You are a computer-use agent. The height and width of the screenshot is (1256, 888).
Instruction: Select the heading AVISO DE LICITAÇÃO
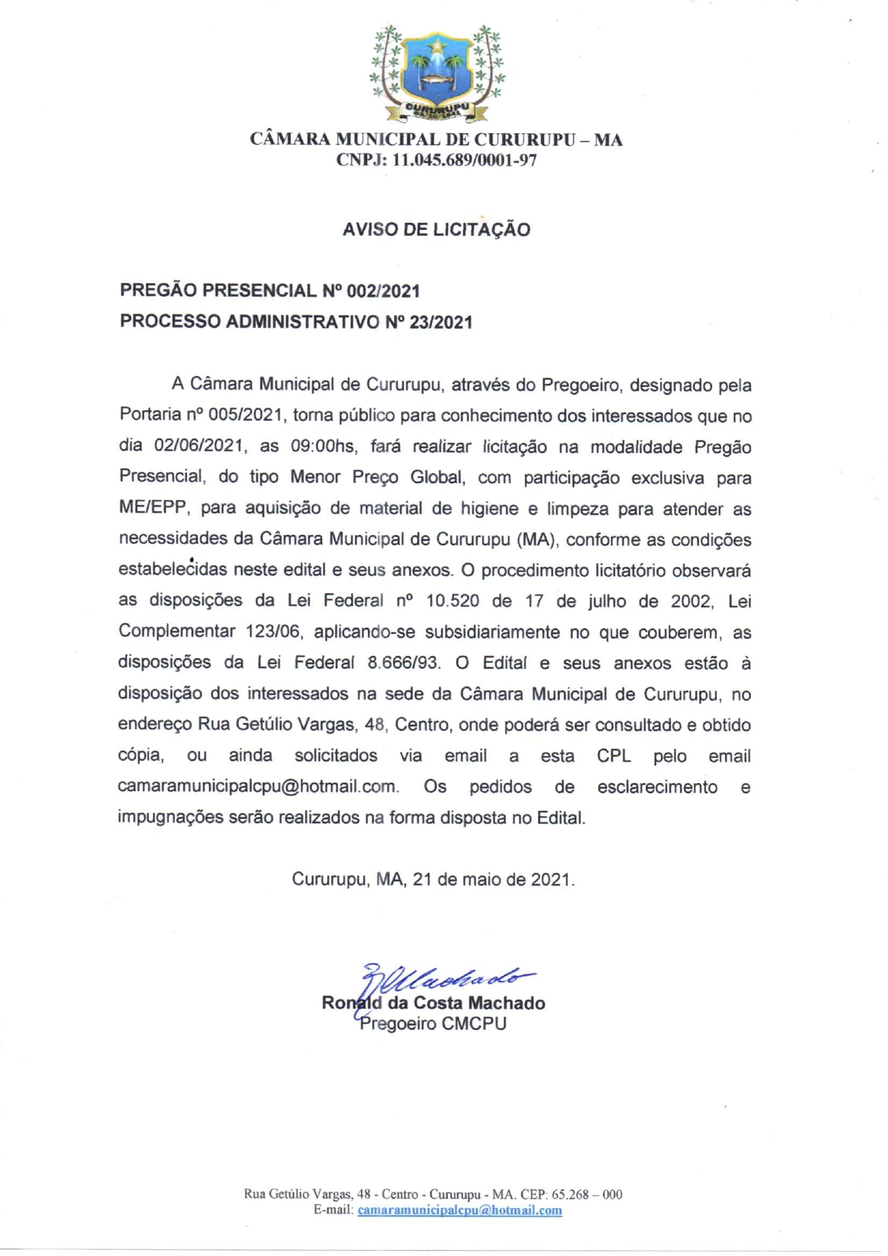(436, 230)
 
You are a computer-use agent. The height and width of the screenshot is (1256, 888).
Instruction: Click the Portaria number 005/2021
(244, 416)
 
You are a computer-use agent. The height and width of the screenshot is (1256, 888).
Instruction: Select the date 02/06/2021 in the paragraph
(199, 447)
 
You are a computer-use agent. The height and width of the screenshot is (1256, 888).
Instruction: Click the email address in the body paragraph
(257, 787)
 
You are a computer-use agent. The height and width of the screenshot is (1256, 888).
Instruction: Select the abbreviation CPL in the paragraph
(614, 756)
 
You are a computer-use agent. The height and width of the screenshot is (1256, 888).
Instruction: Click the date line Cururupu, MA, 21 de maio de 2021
(433, 879)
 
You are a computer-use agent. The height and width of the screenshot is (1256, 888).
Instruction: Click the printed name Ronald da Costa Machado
(433, 1003)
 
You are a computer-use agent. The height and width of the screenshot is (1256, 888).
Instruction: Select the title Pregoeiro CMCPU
(433, 1024)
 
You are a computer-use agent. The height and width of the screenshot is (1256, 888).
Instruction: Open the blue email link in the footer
(460, 1210)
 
